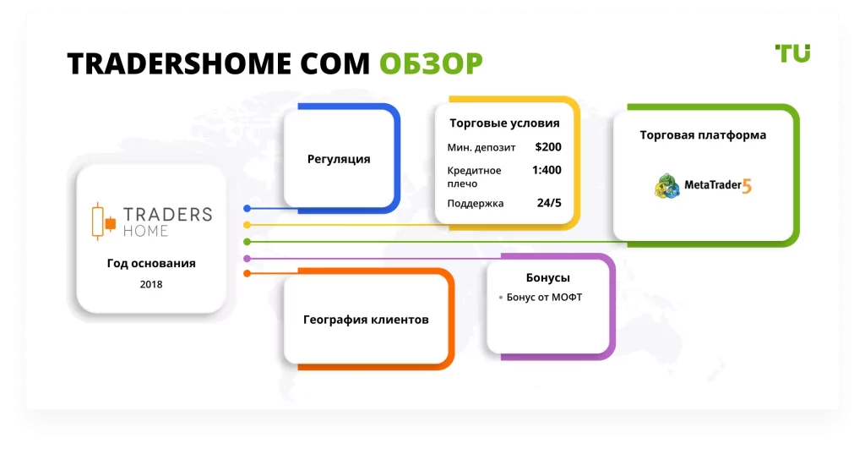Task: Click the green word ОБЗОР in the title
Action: click(x=431, y=63)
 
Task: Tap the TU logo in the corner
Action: click(x=792, y=53)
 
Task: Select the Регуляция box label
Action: click(x=339, y=159)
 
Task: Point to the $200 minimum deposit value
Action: click(x=548, y=147)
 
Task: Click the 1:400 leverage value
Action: click(x=547, y=170)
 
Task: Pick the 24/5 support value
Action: click(x=549, y=203)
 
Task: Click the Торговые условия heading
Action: click(x=505, y=123)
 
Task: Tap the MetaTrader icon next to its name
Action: click(x=667, y=185)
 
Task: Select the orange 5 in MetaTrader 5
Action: click(x=747, y=187)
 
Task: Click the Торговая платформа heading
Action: click(x=703, y=135)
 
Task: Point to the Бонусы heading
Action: click(x=547, y=277)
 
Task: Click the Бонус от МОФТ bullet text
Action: click(x=544, y=297)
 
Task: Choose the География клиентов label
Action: click(x=366, y=320)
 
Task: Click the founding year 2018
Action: click(x=151, y=284)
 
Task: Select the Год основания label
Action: click(x=151, y=264)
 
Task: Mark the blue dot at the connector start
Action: click(x=248, y=208)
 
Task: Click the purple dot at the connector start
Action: click(x=248, y=259)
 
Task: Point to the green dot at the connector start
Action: click(x=248, y=242)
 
